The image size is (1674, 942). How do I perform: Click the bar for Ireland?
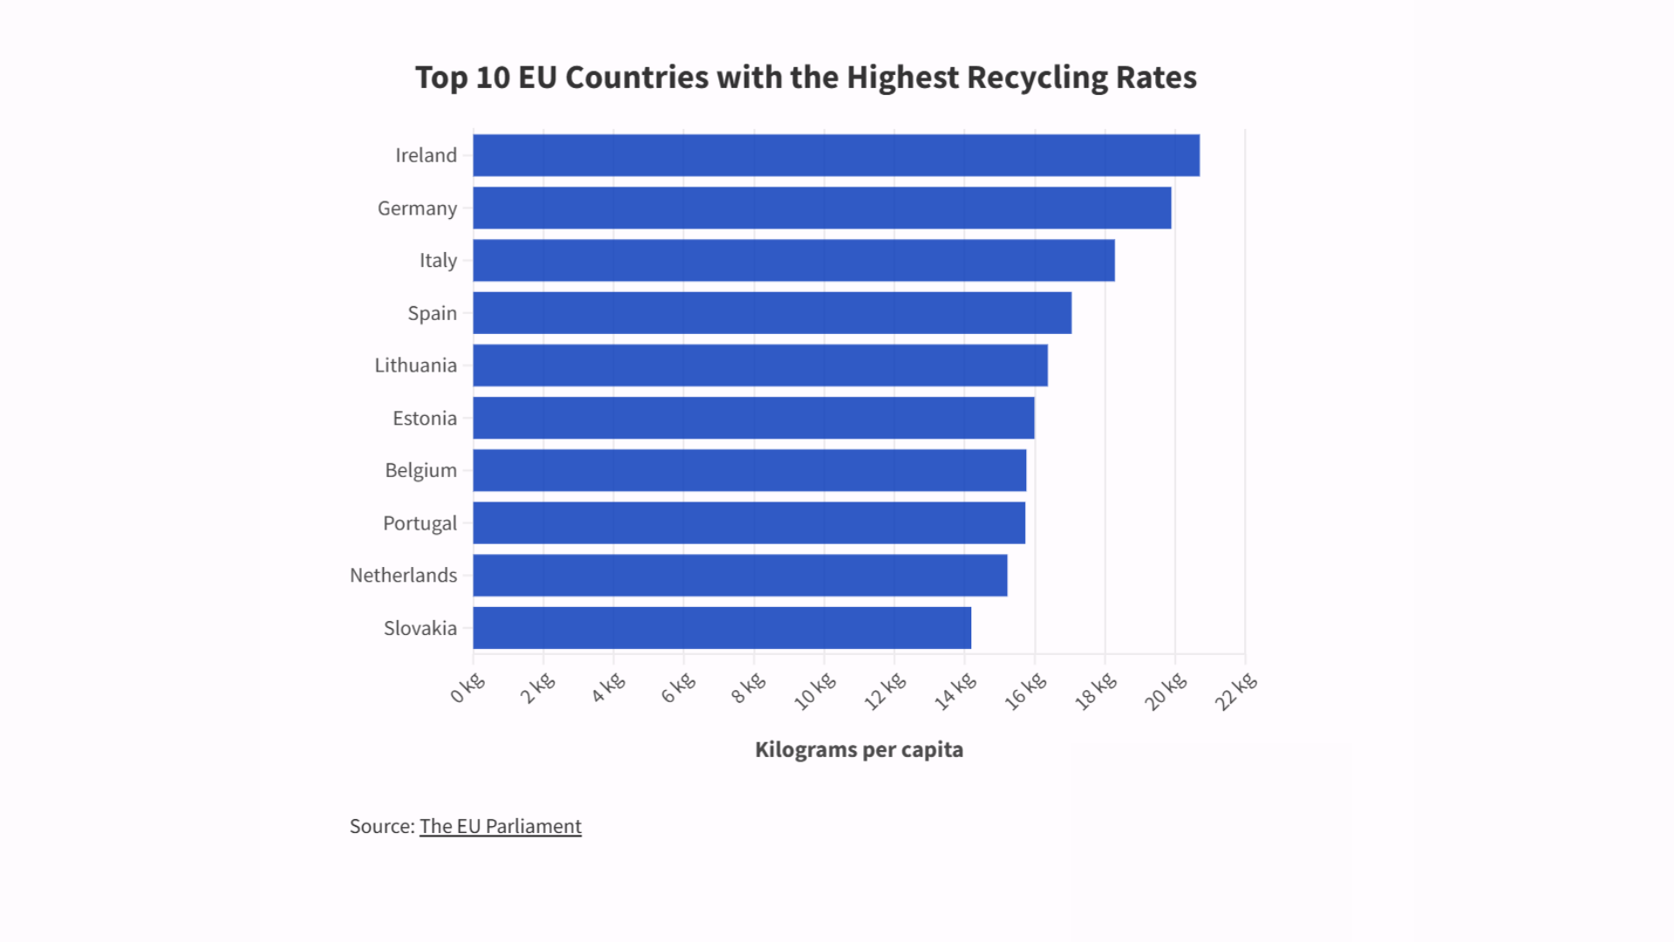coord(835,155)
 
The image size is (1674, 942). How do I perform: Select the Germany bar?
coord(821,208)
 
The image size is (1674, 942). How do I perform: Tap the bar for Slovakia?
coord(722,628)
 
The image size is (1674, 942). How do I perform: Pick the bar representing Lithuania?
coord(760,365)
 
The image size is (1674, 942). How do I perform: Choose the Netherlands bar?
coord(739,576)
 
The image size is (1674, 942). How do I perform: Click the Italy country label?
coord(438,261)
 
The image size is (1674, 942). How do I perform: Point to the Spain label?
coord(432,313)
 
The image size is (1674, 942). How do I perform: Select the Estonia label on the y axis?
coord(425,419)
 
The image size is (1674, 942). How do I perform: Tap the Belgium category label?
coord(420,471)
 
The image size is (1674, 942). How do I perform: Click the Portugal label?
coord(419,523)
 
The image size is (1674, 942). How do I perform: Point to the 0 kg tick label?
coord(467,688)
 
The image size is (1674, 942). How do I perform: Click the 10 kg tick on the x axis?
coord(815,692)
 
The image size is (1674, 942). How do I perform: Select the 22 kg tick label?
coord(1236,692)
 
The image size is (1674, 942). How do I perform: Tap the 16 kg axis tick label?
coord(1025,692)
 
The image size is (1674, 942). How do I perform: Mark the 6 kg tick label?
coord(677,688)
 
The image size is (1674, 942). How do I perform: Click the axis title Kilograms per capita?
coord(859,750)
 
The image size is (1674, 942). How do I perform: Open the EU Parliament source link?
coord(500,826)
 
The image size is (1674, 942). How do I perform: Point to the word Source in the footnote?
coord(380,826)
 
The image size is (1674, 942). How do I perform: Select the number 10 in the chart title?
coord(493,78)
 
